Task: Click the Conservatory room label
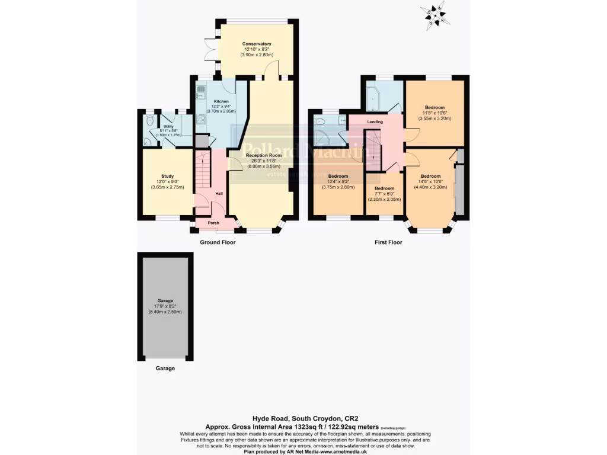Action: click(x=257, y=44)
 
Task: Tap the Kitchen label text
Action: click(x=221, y=101)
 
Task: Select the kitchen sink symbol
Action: click(x=200, y=92)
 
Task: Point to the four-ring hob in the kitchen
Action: click(x=200, y=121)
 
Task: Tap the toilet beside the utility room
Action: click(x=150, y=120)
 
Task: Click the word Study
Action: click(x=167, y=176)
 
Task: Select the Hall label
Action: click(x=219, y=194)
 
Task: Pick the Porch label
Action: click(x=213, y=223)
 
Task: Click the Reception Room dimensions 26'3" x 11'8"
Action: click(x=264, y=161)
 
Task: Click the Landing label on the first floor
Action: click(x=375, y=122)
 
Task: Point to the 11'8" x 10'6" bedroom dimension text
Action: click(x=434, y=113)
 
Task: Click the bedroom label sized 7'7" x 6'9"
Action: click(x=384, y=188)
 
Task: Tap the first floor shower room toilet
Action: click(x=321, y=121)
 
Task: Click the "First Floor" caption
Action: click(x=388, y=242)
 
